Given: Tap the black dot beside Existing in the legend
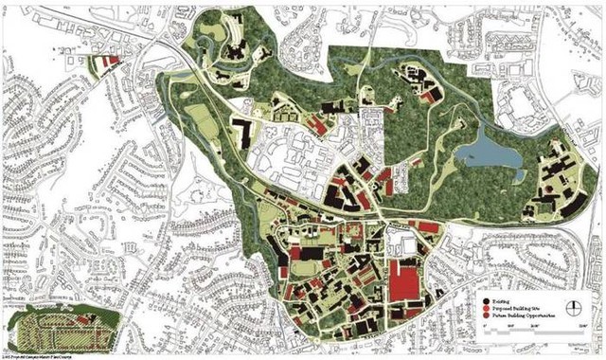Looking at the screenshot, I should point(483,298).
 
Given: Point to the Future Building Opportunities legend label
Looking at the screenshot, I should point(517,317).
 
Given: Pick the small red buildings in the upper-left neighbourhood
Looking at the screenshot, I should point(112,61).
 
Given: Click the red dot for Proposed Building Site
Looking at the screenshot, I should point(483,308).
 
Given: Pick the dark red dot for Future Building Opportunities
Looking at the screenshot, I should point(483,317).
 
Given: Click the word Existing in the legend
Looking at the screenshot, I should point(499,298).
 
